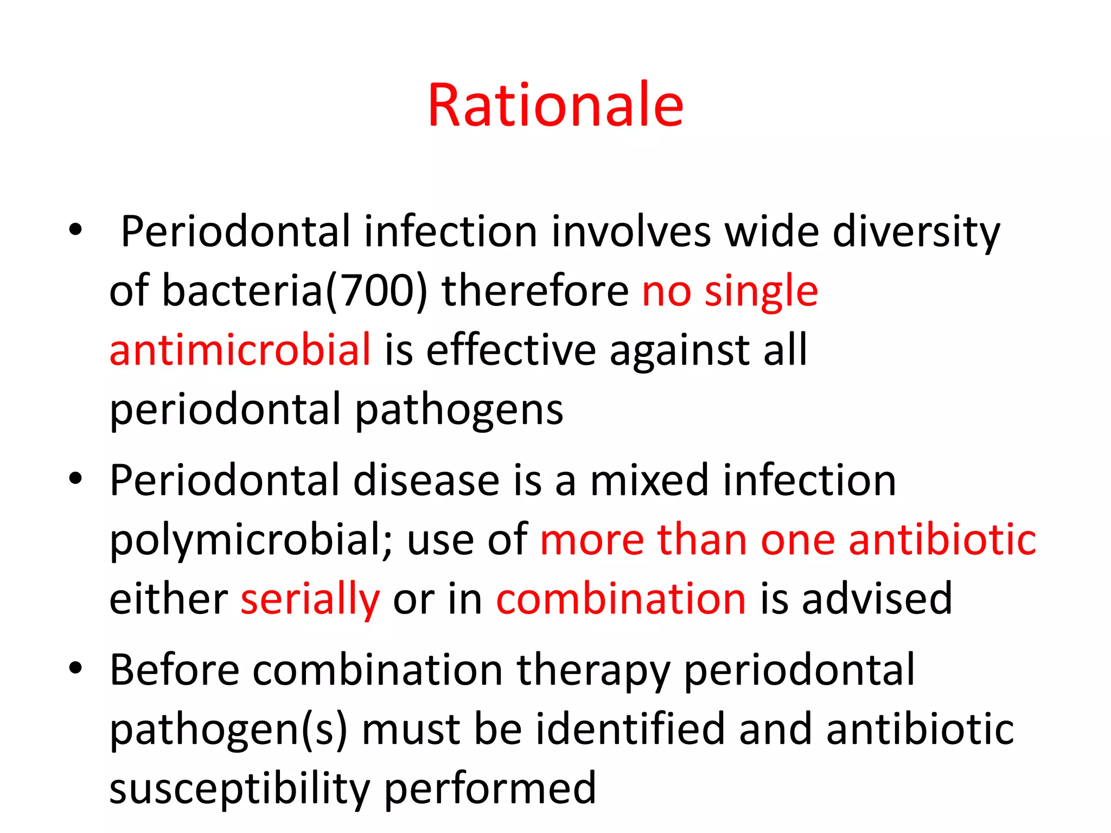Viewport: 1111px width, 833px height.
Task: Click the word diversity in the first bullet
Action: point(916,232)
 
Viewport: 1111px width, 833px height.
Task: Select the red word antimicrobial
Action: point(240,349)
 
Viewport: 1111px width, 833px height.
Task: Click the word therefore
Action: point(535,291)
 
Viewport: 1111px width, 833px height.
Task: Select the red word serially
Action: point(310,600)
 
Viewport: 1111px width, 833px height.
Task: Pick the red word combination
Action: point(621,599)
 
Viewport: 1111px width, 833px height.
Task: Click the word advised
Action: point(877,599)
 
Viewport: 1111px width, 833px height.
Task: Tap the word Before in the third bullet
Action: point(174,670)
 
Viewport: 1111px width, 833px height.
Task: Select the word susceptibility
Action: point(240,790)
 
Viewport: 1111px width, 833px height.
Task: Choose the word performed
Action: point(490,789)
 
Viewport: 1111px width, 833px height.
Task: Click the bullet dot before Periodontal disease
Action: point(75,478)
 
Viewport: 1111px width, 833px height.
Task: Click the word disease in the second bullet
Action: point(426,480)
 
